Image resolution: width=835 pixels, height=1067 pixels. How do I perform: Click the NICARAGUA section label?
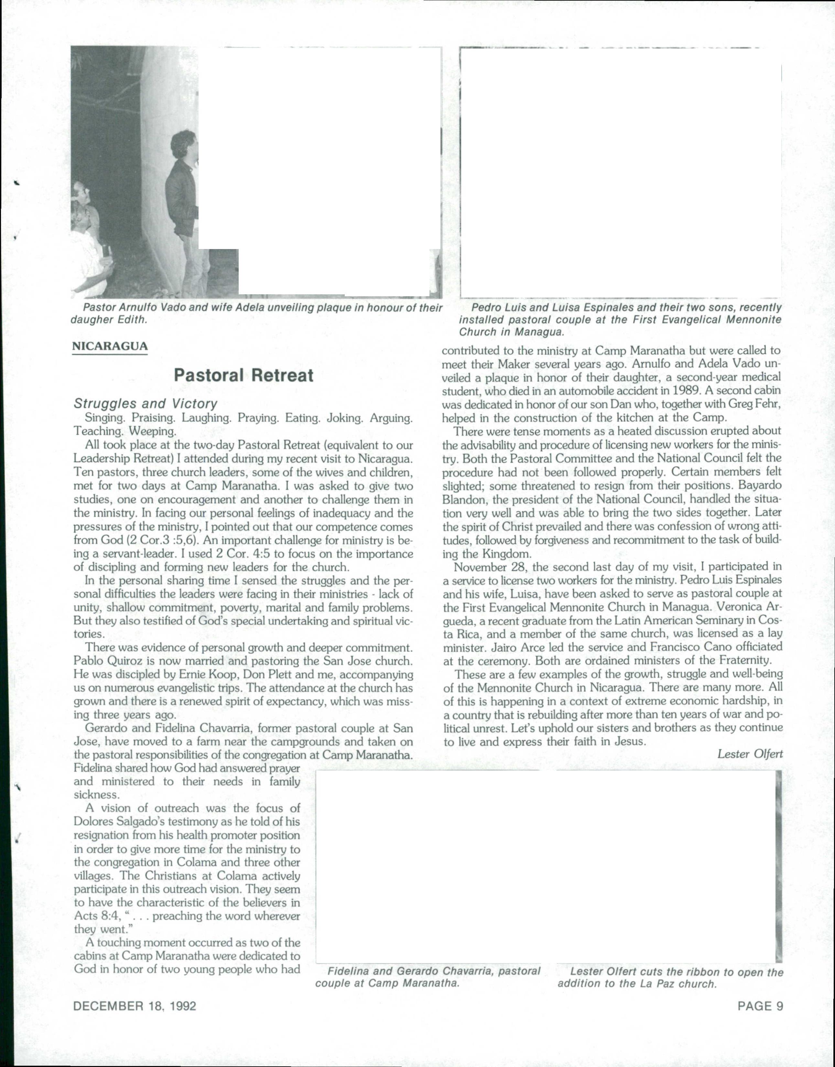point(110,346)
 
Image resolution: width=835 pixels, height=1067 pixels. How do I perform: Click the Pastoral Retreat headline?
point(244,375)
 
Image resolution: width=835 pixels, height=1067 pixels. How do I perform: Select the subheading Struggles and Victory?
point(145,403)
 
